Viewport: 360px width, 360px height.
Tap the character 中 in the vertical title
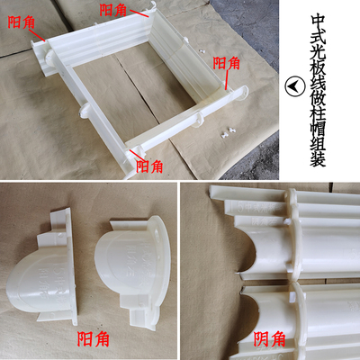[x=318, y=20]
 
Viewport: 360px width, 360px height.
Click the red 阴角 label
[x=269, y=339]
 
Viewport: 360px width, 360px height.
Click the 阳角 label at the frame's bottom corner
[x=149, y=166]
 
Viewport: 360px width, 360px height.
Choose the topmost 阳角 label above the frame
[x=112, y=9]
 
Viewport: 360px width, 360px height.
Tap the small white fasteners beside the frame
[x=226, y=131]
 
